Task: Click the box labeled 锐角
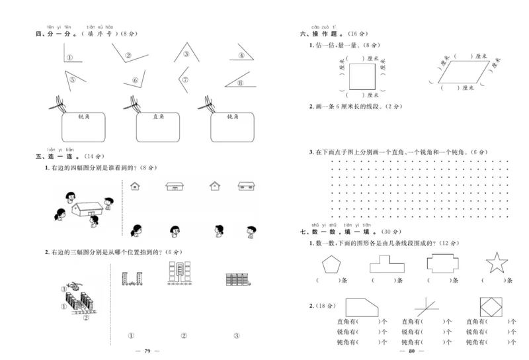pos(83,126)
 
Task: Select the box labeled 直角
pos(157,126)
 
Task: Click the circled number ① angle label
pos(69,57)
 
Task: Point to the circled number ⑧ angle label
pos(241,83)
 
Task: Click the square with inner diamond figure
pos(491,306)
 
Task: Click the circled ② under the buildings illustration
pos(85,316)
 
